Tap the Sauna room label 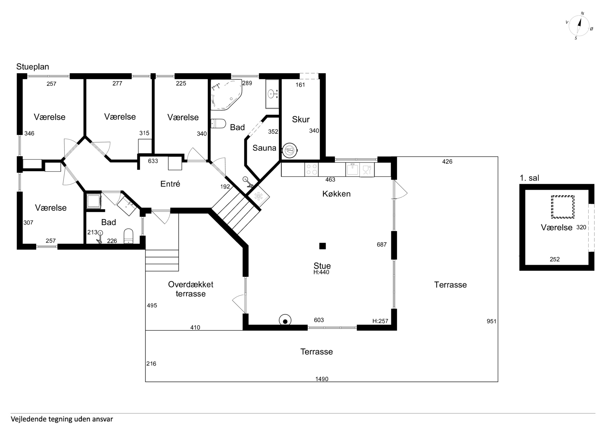(264, 148)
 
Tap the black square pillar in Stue (323, 246)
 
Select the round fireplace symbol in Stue (285, 320)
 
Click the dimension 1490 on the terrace (322, 379)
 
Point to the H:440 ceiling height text (321, 272)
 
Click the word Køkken (336, 194)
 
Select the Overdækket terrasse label (191, 289)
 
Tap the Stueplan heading (33, 67)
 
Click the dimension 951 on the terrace (492, 321)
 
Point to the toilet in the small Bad (129, 236)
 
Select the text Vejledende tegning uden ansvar (62, 419)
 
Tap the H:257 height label (380, 321)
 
